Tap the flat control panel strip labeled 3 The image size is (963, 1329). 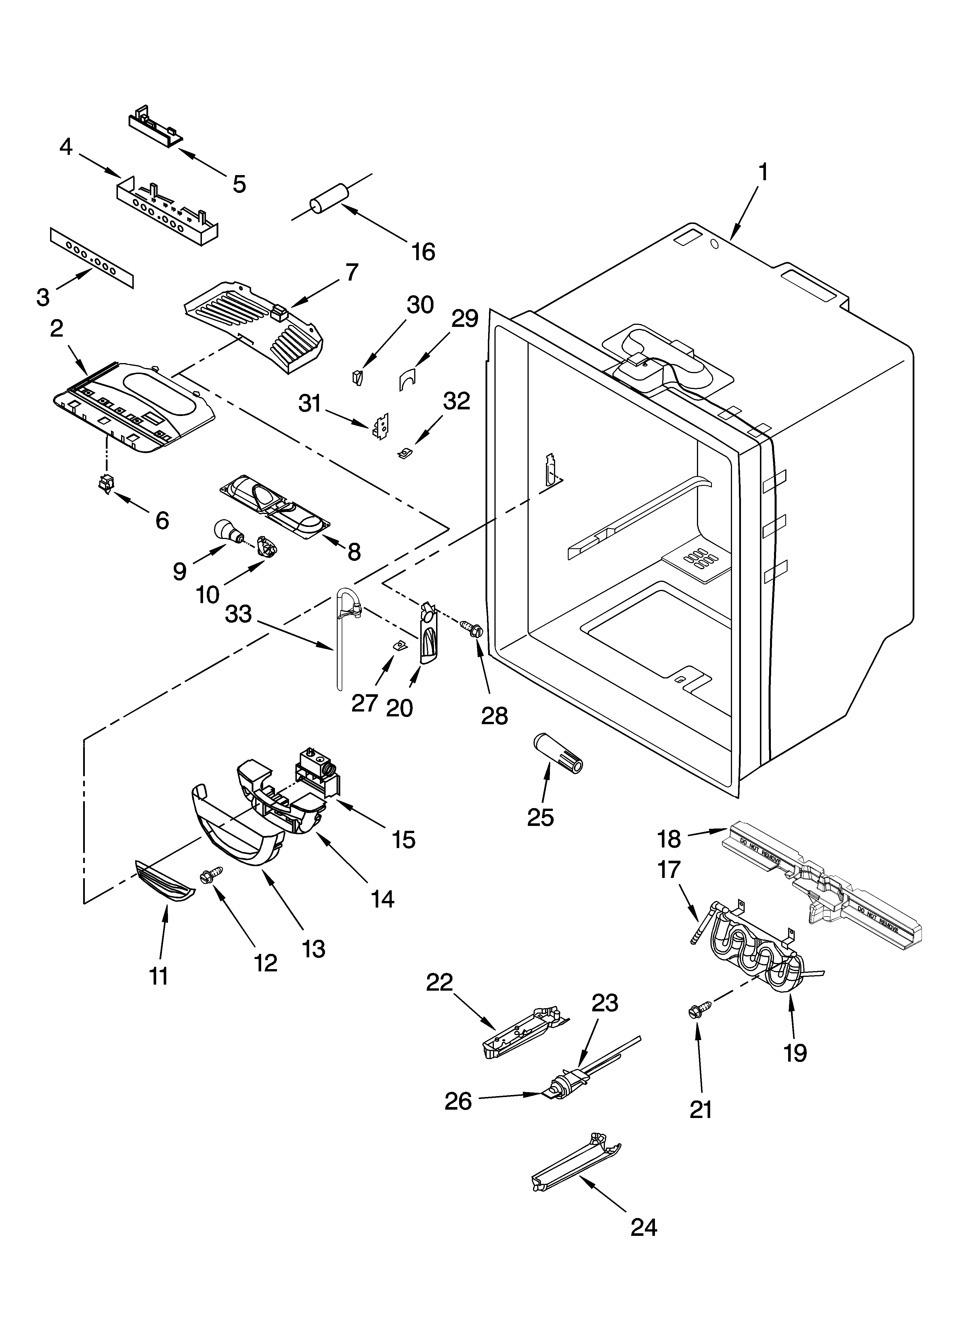(x=91, y=258)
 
